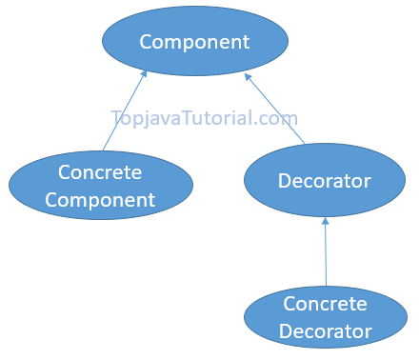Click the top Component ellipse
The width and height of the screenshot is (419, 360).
pos(194,42)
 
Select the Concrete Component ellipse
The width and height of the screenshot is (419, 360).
pos(100,186)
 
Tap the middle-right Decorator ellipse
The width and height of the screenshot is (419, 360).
pos(324,179)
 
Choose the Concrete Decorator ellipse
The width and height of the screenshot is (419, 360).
pos(325,317)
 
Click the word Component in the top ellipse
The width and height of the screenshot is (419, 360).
pos(194,42)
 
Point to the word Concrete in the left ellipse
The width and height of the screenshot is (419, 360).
pos(100,172)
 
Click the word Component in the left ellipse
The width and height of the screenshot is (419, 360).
pos(100,200)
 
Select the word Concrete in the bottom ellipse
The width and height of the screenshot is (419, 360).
pos(325,304)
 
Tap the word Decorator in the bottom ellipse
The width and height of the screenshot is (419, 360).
pos(325,331)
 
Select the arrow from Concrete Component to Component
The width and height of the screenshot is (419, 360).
pos(124,111)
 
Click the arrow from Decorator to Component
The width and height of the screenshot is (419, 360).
pos(276,110)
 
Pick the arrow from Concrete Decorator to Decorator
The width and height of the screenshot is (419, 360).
pos(326,252)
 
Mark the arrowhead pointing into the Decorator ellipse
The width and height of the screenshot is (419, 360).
pos(325,221)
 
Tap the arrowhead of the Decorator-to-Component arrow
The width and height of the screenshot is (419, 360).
pos(247,74)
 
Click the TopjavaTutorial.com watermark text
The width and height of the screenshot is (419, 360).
pos(204,119)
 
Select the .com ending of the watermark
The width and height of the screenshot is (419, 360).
pos(276,119)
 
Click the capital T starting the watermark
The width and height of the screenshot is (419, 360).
pos(116,119)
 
